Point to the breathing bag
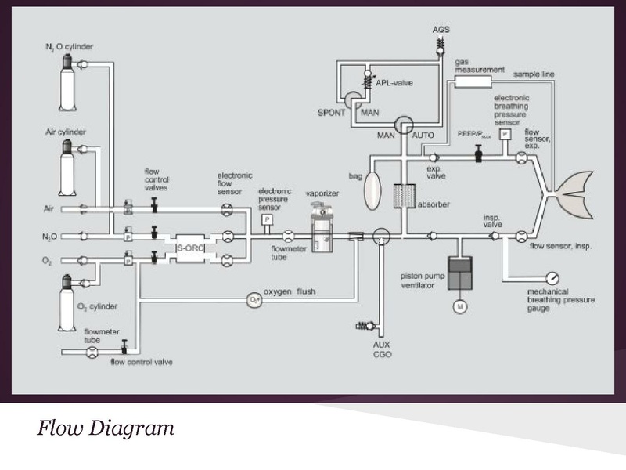(x=372, y=187)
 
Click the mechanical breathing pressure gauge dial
(x=552, y=278)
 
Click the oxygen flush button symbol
(x=253, y=298)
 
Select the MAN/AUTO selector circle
(x=405, y=125)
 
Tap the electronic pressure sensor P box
(x=267, y=219)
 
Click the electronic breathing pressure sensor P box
(x=505, y=135)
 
